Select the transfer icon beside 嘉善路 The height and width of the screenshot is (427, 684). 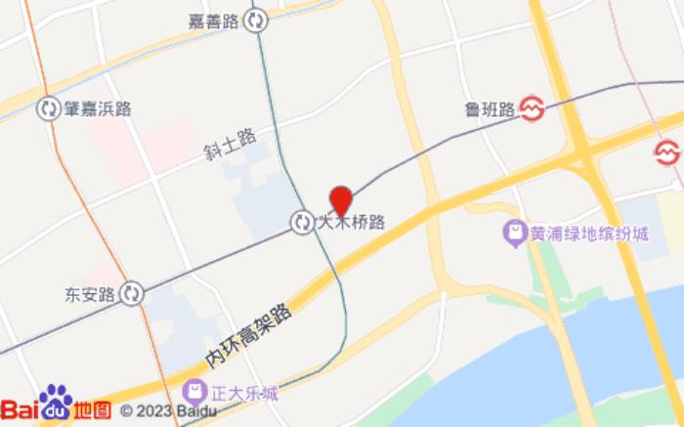click(256, 20)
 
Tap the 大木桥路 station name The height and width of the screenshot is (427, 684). click(352, 223)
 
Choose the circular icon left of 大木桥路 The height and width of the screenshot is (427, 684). click(302, 223)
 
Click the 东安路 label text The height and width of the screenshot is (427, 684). click(90, 292)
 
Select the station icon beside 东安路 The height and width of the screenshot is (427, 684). click(133, 292)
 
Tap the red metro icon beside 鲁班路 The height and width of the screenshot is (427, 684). click(534, 107)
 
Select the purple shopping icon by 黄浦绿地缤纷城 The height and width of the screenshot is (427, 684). click(512, 234)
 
